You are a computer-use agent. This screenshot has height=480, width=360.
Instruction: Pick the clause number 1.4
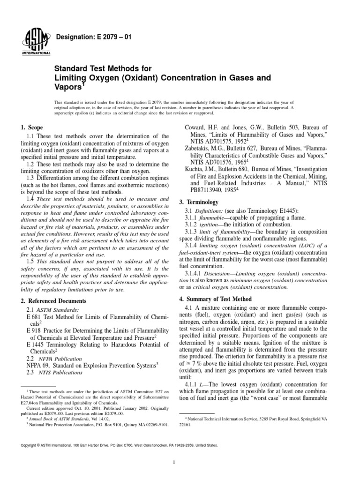[x=31, y=199]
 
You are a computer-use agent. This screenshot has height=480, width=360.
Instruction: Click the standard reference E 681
[x=35, y=319]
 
